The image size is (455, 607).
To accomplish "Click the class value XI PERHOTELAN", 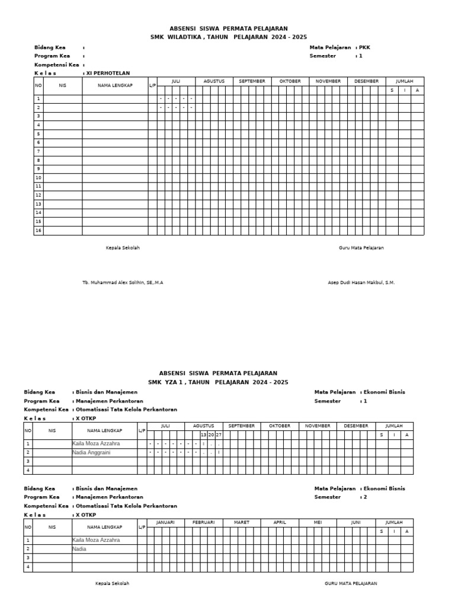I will pos(108,73).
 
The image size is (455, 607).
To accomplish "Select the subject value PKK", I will pos(364,47).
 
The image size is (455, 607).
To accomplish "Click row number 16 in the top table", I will pos(39,230).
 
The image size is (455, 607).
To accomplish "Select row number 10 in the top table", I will pos(39,178).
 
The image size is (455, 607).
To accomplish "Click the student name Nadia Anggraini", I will pos(96,452).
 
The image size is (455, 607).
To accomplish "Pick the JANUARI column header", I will pos(165,522).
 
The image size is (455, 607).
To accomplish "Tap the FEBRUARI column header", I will pos(203,522).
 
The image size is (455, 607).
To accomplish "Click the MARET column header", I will pos(241,522).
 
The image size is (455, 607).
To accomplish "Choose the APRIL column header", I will pos(280,522).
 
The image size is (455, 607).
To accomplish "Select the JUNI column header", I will pos(355,522).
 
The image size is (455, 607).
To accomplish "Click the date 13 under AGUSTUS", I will pos(203,435).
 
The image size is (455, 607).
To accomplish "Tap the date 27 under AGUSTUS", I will pos(219,435).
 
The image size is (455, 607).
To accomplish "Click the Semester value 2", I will pos(365,497).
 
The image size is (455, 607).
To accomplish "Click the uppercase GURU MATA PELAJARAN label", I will pos(351,583).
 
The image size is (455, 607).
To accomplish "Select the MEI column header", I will pos(318,522).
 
